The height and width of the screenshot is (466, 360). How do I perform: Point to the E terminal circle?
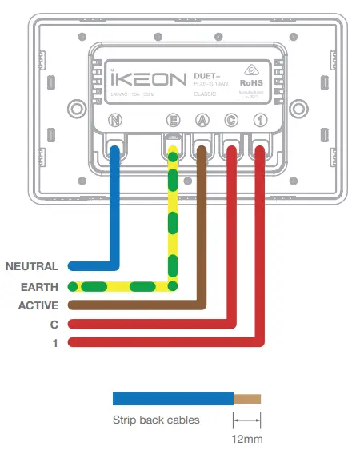[x=172, y=121]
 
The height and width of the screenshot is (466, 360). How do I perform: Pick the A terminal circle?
[x=201, y=121]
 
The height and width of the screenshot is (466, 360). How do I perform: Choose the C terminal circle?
[x=230, y=121]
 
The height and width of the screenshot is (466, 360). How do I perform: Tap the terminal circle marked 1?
[x=259, y=121]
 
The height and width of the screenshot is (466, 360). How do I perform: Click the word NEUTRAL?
[x=32, y=266]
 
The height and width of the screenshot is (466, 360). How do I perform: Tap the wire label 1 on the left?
[x=55, y=344]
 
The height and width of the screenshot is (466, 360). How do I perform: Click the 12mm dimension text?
[x=246, y=438]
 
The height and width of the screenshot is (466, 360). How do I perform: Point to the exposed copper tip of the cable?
[x=246, y=398]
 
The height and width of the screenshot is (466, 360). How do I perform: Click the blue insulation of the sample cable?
[x=172, y=398]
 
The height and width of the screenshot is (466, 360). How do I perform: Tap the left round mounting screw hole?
[x=77, y=107]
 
